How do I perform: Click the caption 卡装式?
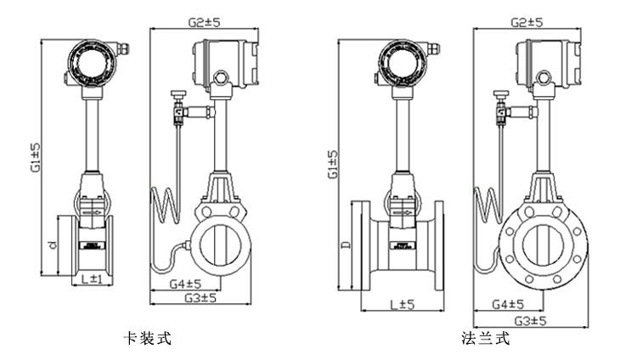coord(149,339)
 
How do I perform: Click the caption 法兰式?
coord(486,339)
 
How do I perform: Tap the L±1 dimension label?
coord(86,278)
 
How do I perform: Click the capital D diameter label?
coord(344,245)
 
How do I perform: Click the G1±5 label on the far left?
coord(36,158)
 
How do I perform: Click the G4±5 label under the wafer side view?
coord(183,284)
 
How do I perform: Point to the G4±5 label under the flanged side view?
coord(507,304)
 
